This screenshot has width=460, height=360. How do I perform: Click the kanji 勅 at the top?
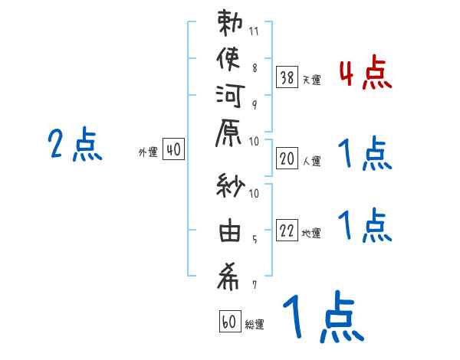[x=231, y=24]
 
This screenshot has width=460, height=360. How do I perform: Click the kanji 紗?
[x=231, y=187]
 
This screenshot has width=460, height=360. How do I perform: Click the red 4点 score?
[x=365, y=74]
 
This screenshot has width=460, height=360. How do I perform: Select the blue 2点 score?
[x=74, y=145]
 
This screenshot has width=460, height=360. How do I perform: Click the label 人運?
[x=312, y=161]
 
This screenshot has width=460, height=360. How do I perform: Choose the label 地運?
[x=312, y=234]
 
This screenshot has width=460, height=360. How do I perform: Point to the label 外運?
[x=148, y=153]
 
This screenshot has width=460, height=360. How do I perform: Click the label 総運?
[x=255, y=325]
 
